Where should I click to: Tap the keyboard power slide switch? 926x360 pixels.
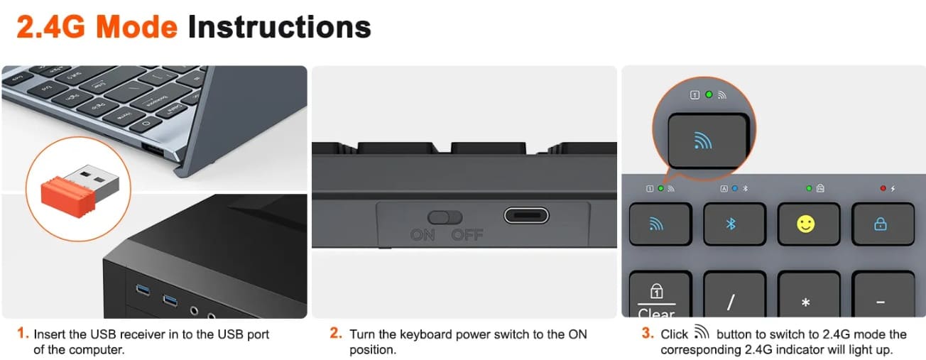[445, 217]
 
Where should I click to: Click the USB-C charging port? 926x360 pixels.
[526, 215]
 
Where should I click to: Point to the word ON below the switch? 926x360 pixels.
[423, 235]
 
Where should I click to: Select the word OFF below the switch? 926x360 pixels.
[467, 235]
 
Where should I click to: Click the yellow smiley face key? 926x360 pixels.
[809, 224]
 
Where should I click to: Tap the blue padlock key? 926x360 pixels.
[883, 224]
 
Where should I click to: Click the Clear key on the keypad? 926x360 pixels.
[660, 294]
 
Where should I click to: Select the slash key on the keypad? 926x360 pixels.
[734, 294]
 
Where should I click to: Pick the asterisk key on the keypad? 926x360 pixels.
[809, 294]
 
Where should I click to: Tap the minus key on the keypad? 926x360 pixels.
[883, 294]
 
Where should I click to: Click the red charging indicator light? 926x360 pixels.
[883, 188]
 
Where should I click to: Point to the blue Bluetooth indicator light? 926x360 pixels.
[734, 188]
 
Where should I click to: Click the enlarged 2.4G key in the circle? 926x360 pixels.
[708, 141]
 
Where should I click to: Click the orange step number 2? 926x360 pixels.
[336, 333]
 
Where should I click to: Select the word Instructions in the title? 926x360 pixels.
[280, 27]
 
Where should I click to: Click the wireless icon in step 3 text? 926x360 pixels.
[702, 332]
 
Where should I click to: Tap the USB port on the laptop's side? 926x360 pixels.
[153, 150]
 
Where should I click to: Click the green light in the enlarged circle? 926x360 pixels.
[709, 94]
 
